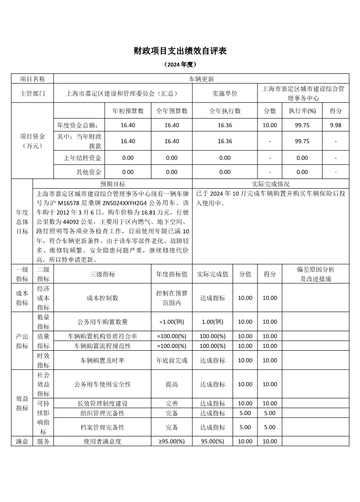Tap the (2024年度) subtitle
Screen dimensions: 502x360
click(x=180, y=65)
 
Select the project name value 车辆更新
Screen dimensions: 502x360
click(x=201, y=79)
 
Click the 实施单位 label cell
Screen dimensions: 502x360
click(x=225, y=93)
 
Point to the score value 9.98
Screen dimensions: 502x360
click(x=336, y=125)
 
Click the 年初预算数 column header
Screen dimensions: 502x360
click(x=128, y=111)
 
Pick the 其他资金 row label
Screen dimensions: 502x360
click(x=89, y=172)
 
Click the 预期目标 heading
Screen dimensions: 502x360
click(x=113, y=184)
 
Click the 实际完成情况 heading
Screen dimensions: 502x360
click(x=271, y=184)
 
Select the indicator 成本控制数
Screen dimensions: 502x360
click(x=102, y=298)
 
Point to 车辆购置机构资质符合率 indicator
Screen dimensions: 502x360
click(x=102, y=336)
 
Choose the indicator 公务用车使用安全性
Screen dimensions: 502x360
click(x=102, y=384)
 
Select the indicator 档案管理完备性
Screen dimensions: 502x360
click(x=102, y=427)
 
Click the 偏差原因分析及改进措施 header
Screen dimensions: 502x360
click(x=316, y=274)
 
